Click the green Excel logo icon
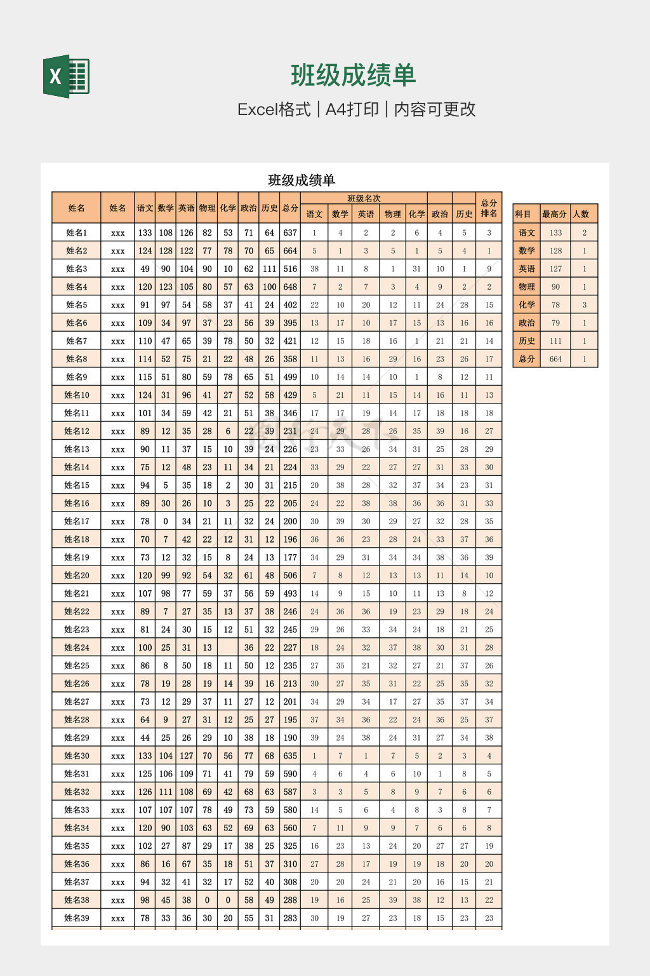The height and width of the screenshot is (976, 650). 66,76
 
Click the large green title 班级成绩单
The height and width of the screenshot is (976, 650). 353,76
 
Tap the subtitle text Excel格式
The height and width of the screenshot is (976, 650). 274,109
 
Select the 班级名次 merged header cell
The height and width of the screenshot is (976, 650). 364,198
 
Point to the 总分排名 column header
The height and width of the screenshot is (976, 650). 489,208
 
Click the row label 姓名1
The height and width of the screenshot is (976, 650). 76,233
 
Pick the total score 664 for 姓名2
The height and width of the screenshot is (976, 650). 290,251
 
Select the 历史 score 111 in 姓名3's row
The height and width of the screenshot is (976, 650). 270,269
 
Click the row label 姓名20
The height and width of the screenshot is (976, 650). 76,576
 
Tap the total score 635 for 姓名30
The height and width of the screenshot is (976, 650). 290,756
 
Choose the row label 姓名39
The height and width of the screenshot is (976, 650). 76,918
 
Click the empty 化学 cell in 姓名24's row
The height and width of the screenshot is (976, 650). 228,647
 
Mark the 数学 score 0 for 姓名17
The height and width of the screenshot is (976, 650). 166,522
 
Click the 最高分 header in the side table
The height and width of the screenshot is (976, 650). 554,214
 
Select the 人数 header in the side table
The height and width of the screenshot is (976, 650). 581,214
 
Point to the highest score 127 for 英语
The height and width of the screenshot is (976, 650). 555,269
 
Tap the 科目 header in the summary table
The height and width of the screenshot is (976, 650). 523,214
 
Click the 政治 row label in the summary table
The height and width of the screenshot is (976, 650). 526,323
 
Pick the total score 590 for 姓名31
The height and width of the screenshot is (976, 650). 290,774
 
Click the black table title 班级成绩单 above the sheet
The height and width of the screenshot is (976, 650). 302,180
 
